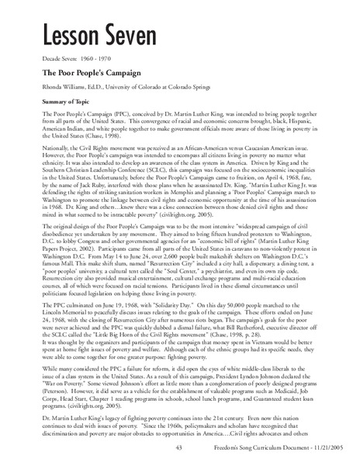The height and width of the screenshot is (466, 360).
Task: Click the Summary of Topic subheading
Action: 67,101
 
